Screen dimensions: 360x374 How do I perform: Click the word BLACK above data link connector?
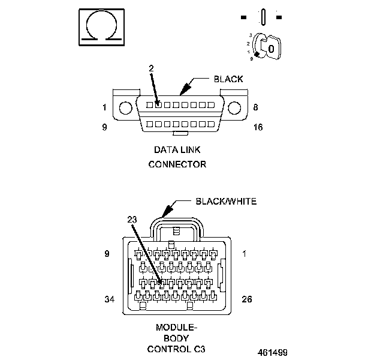pyautogui.click(x=228, y=79)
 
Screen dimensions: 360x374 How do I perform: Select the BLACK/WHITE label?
pyautogui.click(x=227, y=202)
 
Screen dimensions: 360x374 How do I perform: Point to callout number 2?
pyautogui.click(x=152, y=69)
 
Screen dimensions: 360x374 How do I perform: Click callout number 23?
pyautogui.click(x=132, y=220)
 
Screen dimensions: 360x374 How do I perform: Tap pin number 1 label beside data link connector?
pyautogui.click(x=104, y=108)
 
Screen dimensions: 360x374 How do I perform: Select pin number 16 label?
pyautogui.click(x=259, y=127)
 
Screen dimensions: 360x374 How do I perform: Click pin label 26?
pyautogui.click(x=246, y=299)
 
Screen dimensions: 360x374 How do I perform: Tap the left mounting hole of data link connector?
pyautogui.click(x=125, y=108)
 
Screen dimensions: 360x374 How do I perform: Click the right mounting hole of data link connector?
pyautogui.click(x=234, y=108)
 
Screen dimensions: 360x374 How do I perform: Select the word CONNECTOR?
pyautogui.click(x=177, y=163)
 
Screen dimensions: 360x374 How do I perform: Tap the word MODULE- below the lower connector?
pyautogui.click(x=177, y=328)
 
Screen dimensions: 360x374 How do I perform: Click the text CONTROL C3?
pyautogui.click(x=177, y=349)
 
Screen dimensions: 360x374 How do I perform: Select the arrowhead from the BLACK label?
pyautogui.click(x=183, y=91)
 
